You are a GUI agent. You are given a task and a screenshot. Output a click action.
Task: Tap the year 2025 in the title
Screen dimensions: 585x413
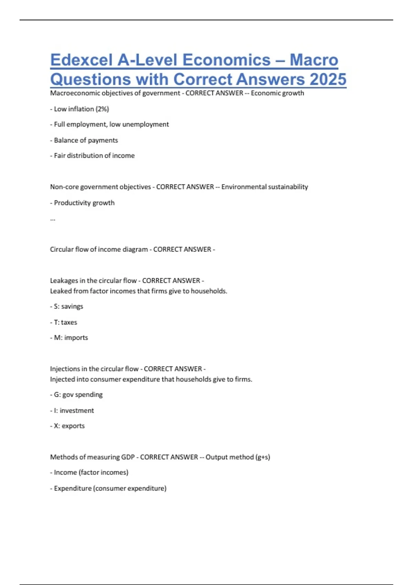[328, 79]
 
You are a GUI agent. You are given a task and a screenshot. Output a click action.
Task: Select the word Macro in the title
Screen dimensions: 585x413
[314, 60]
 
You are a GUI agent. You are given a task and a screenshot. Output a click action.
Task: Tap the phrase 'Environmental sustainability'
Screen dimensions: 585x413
[264, 187]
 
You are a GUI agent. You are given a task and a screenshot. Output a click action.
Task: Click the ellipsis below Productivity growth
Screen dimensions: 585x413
[53, 219]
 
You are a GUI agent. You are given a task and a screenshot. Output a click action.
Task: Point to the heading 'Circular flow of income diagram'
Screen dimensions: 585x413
[99, 249]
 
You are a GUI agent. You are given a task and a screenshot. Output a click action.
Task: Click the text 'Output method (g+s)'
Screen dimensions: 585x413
[237, 457]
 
